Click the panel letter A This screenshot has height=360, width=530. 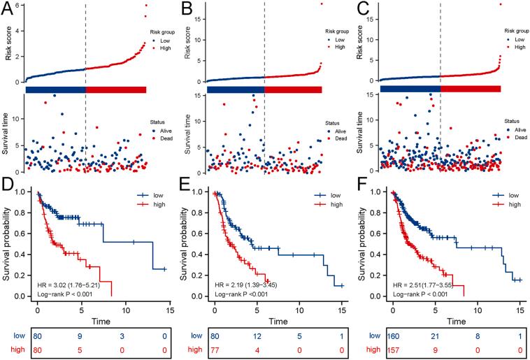[x=10, y=10]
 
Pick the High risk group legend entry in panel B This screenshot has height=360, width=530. [x=339, y=46]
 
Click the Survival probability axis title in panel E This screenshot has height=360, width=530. [x=186, y=243]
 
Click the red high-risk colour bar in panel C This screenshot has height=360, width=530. [x=471, y=89]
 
